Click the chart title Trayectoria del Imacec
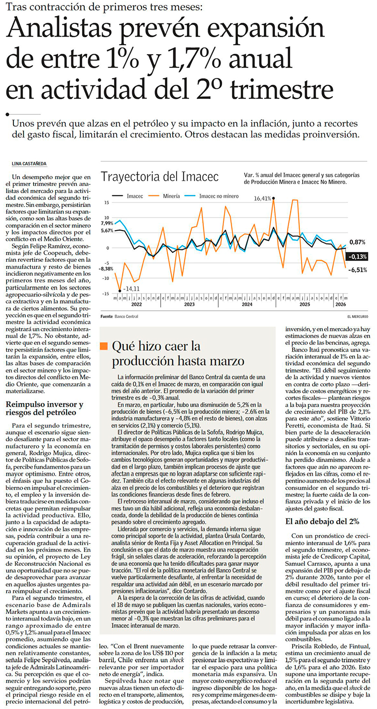click(x=160, y=177)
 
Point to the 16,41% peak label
click(x=262, y=198)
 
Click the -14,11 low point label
click(x=131, y=289)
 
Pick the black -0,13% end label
click(x=357, y=257)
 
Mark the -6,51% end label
click(x=358, y=270)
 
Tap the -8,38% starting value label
click(x=106, y=269)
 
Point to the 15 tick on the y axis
click(x=107, y=203)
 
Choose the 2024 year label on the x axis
click(x=247, y=305)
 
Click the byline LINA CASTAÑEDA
click(x=29, y=164)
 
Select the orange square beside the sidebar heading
click(x=104, y=346)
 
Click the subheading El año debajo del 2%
click(x=322, y=521)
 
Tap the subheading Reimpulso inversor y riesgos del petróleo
click(x=45, y=408)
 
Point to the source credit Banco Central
click(x=127, y=317)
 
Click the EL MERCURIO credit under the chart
click(x=358, y=317)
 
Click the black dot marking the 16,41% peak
click(x=273, y=198)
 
